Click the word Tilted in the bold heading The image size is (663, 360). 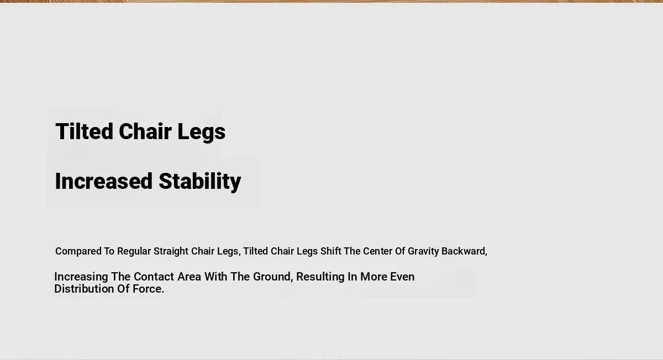pos(85,131)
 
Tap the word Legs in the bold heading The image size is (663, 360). pos(201,132)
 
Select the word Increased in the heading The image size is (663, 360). pos(104,181)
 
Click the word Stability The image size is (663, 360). pos(200,182)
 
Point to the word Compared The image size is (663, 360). pos(78,251)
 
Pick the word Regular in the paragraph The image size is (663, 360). pos(134,251)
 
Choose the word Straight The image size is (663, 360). pos(171,251)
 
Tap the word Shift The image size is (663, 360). pos(330,251)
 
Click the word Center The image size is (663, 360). pos(378,251)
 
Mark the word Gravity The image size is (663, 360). pos(423,251)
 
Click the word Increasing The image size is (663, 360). pos(81,277)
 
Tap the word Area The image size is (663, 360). pos(190,277)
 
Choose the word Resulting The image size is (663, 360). pos(320,277)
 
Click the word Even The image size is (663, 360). pos(402,277)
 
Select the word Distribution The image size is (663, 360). pos(84,289)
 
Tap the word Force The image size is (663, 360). pos(148,289)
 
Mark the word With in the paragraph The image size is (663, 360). pos(216,277)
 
